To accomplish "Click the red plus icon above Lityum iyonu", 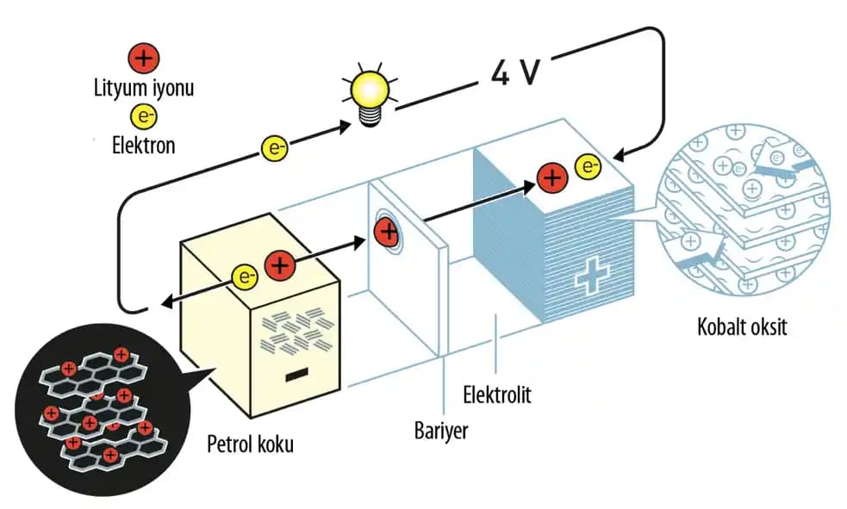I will pyautogui.click(x=143, y=59).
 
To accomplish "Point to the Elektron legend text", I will pyautogui.click(x=143, y=145).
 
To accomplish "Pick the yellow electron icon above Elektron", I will pyautogui.click(x=143, y=116).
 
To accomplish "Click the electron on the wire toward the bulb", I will pyautogui.click(x=275, y=147).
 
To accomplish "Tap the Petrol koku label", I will pyautogui.click(x=251, y=444).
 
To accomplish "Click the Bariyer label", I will pyautogui.click(x=441, y=429).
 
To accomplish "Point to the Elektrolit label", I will pyautogui.click(x=497, y=395).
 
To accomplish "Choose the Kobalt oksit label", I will pyautogui.click(x=742, y=328).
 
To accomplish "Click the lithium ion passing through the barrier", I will pyautogui.click(x=387, y=231).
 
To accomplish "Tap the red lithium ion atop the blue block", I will pyautogui.click(x=551, y=177).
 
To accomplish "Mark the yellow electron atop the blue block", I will pyautogui.click(x=588, y=165).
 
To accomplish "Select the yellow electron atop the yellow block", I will pyautogui.click(x=246, y=277).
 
